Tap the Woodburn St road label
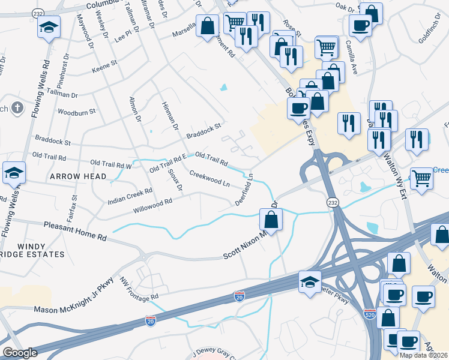[76, 112]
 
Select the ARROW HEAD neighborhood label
[77, 176]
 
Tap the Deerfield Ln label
[245, 190]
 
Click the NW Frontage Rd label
[139, 289]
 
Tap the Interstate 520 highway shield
[370, 314]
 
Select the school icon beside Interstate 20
[310, 281]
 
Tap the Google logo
[20, 353]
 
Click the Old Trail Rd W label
[110, 163]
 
